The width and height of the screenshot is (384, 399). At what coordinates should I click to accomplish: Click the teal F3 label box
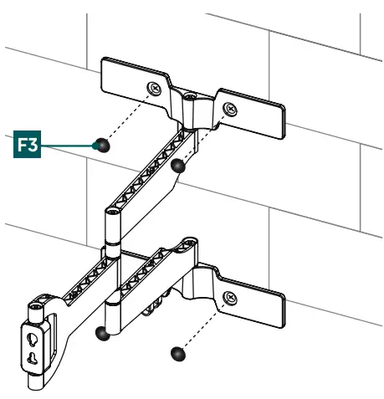tap(27, 144)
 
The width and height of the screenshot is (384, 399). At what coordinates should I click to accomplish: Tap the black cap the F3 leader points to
tap(102, 146)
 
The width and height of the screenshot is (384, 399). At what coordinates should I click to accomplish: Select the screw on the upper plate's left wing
tap(155, 89)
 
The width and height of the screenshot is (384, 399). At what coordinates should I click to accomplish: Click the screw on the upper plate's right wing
tap(230, 109)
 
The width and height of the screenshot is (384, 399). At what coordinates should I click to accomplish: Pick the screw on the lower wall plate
tap(230, 298)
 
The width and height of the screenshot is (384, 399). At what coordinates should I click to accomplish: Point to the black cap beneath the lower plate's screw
tap(178, 354)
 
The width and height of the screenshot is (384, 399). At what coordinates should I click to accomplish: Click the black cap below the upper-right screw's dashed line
tap(177, 166)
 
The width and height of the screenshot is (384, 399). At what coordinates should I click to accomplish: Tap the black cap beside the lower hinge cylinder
tap(102, 334)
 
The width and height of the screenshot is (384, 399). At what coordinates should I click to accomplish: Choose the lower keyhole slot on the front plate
tap(33, 358)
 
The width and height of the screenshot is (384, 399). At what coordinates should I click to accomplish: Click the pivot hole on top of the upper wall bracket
tap(189, 97)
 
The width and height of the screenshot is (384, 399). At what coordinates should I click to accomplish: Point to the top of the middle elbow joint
tap(113, 212)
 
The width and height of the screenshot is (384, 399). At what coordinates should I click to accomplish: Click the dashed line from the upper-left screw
tap(128, 116)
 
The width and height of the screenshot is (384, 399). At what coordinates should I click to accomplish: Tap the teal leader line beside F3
tap(68, 146)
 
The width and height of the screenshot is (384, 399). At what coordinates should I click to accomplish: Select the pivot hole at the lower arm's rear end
tap(189, 242)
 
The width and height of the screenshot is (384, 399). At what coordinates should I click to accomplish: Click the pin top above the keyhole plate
tap(36, 308)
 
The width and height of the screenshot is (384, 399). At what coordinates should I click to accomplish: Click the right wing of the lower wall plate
tap(250, 302)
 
